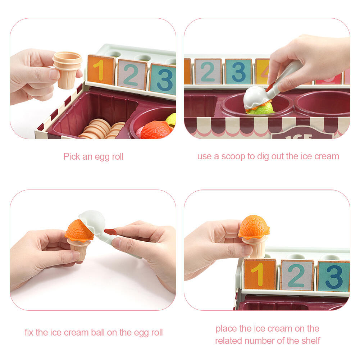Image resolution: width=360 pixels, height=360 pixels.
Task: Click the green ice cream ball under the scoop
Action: click(261, 109)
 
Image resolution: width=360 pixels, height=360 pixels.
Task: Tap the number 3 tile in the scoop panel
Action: click(238, 72)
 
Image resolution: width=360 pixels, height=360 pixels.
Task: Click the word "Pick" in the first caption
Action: click(72, 156)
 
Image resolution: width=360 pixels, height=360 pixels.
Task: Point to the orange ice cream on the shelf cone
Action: click(254, 227)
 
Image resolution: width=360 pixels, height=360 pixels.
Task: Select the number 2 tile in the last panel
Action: click(297, 275)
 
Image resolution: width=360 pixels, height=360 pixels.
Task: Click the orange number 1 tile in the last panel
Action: click(260, 274)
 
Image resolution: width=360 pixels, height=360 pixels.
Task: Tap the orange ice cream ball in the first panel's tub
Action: click(156, 130)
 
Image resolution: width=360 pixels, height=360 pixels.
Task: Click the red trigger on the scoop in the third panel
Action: click(110, 232)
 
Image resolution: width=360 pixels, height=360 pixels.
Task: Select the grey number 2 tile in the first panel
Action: click(132, 74)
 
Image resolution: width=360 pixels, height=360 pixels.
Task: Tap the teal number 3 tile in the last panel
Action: click(334, 277)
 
